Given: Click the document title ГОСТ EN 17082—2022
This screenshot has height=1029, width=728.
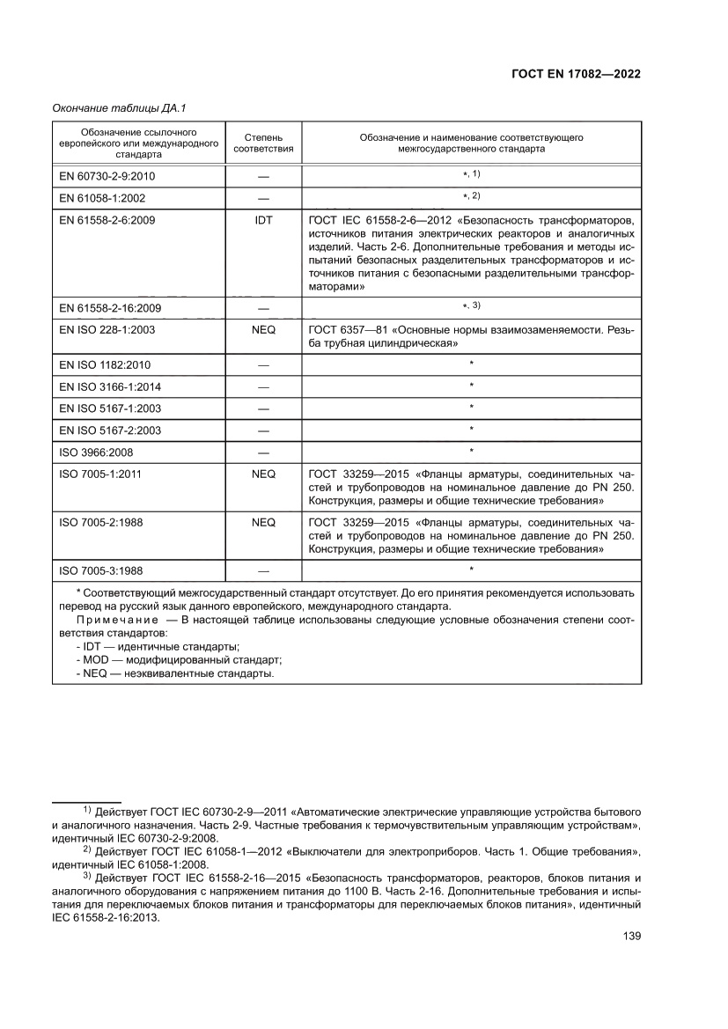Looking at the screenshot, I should pos(575,74).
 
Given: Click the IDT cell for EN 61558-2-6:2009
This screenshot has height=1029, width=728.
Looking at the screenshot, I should pos(263,220).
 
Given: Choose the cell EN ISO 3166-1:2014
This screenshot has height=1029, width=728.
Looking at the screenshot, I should pos(109,386).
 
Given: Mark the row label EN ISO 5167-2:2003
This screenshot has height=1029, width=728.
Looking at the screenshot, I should pos(109,430).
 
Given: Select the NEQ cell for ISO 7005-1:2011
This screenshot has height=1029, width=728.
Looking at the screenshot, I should pos(263,474).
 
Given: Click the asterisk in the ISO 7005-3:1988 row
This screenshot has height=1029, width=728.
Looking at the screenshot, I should pos(472,570).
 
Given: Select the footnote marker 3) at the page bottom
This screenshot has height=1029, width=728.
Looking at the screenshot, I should pos(86,877).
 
